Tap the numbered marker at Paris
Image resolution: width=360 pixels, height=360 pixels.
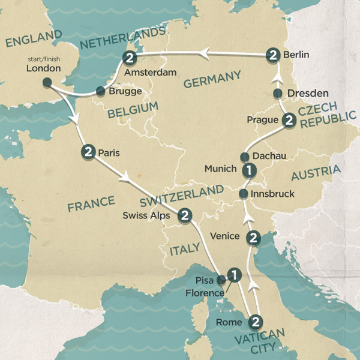click(x=89, y=152)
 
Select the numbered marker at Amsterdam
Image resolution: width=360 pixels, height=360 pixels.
click(x=129, y=58)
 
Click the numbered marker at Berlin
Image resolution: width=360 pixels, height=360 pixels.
click(x=273, y=56)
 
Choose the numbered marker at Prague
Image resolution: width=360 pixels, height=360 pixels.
click(x=289, y=120)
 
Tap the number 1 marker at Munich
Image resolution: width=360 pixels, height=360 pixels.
click(x=247, y=170)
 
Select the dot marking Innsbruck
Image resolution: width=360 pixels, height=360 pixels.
click(x=243, y=194)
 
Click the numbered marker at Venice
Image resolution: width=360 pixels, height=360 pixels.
click(x=254, y=238)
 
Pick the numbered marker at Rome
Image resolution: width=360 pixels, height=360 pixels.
click(x=256, y=322)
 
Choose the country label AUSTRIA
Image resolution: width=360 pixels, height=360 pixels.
click(x=314, y=173)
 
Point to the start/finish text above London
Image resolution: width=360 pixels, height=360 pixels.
click(x=44, y=59)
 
